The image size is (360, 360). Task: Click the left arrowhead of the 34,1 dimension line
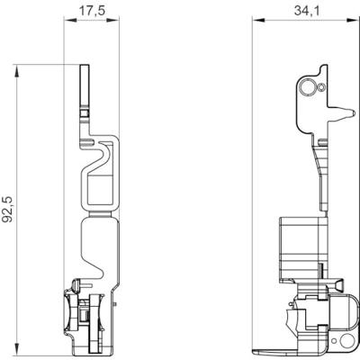tap(256, 19)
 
